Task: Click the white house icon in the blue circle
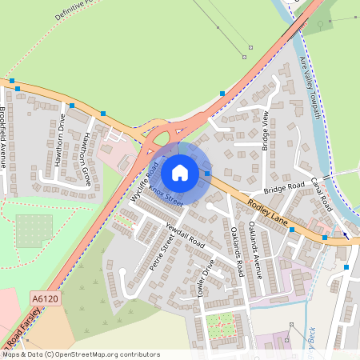[180, 172]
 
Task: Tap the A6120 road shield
[45, 298]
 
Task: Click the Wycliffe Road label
[142, 181]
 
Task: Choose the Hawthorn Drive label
[60, 140]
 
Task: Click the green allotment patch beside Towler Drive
[221, 325]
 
